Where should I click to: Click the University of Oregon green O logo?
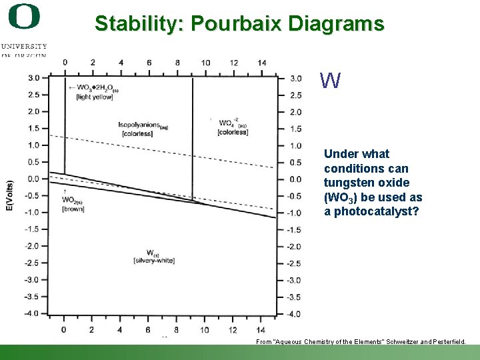click(24, 17)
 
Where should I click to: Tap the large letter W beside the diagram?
click(330, 81)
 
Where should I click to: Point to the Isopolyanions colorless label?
click(143, 129)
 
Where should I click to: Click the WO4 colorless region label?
click(233, 127)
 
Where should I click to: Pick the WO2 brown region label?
click(73, 204)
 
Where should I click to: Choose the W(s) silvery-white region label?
click(153, 257)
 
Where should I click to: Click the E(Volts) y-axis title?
click(10, 196)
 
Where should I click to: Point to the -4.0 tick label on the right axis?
click(295, 314)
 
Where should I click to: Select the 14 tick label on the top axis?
click(261, 63)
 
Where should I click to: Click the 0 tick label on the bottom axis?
click(64, 329)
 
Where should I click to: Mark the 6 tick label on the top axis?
click(149, 63)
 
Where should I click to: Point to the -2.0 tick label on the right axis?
click(295, 247)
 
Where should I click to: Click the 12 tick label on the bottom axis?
click(233, 329)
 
